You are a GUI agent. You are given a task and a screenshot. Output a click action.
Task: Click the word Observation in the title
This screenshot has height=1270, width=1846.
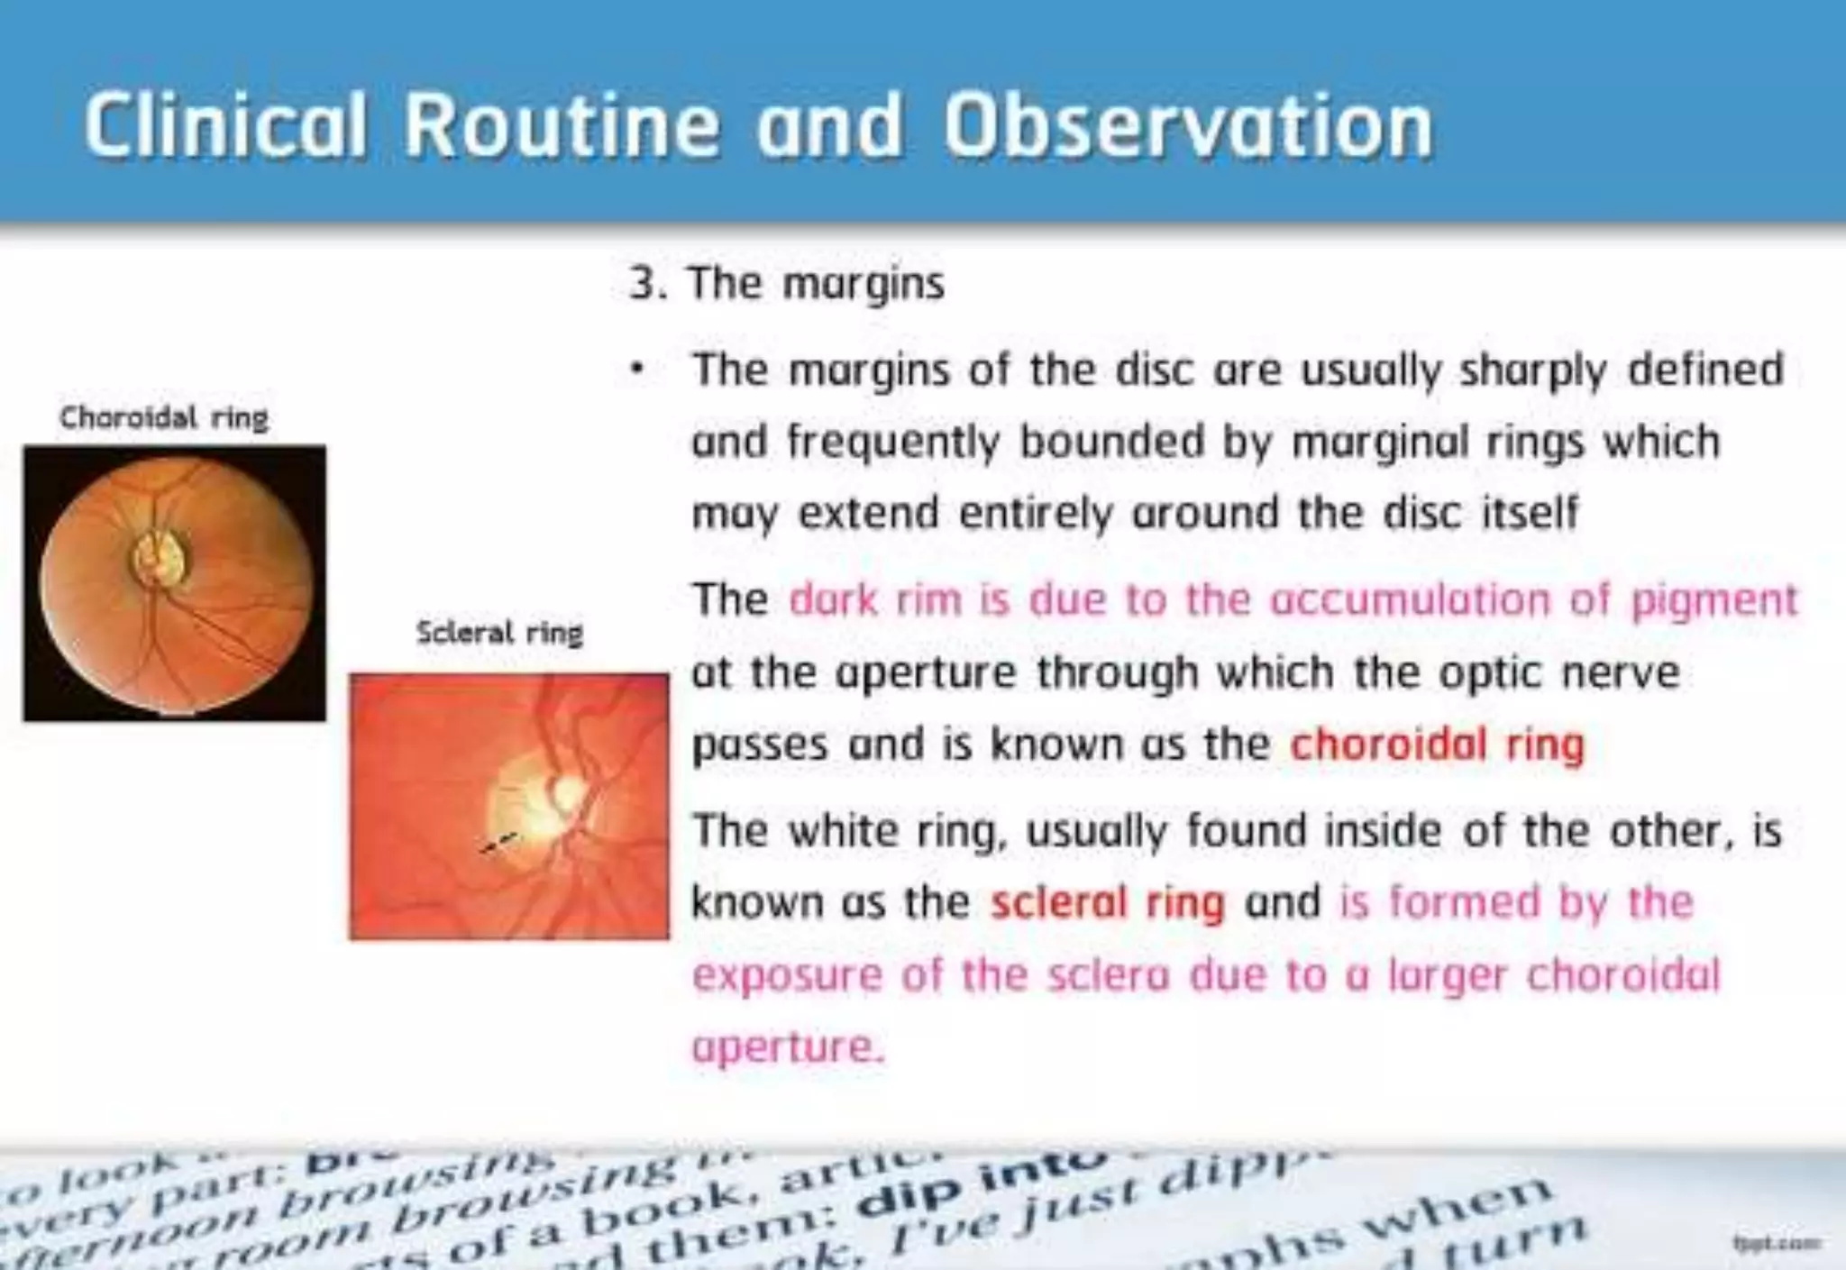[1188, 126]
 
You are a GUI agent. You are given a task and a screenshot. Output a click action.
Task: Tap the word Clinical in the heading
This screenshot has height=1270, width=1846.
[225, 126]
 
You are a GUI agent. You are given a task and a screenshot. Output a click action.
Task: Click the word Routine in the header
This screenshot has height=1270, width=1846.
[561, 126]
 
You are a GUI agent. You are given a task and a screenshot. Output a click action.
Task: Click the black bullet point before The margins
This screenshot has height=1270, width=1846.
[637, 370]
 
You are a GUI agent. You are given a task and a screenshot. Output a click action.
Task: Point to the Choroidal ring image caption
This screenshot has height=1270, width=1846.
[164, 418]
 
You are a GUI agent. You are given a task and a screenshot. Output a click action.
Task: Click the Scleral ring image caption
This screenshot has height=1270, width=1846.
[499, 633]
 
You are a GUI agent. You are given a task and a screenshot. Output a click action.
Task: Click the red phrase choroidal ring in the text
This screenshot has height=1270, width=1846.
[1437, 745]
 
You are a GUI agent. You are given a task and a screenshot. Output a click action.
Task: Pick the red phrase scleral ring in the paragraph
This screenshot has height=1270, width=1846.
[1108, 902]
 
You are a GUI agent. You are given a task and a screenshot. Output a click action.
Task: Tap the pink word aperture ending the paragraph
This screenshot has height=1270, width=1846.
[787, 1047]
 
